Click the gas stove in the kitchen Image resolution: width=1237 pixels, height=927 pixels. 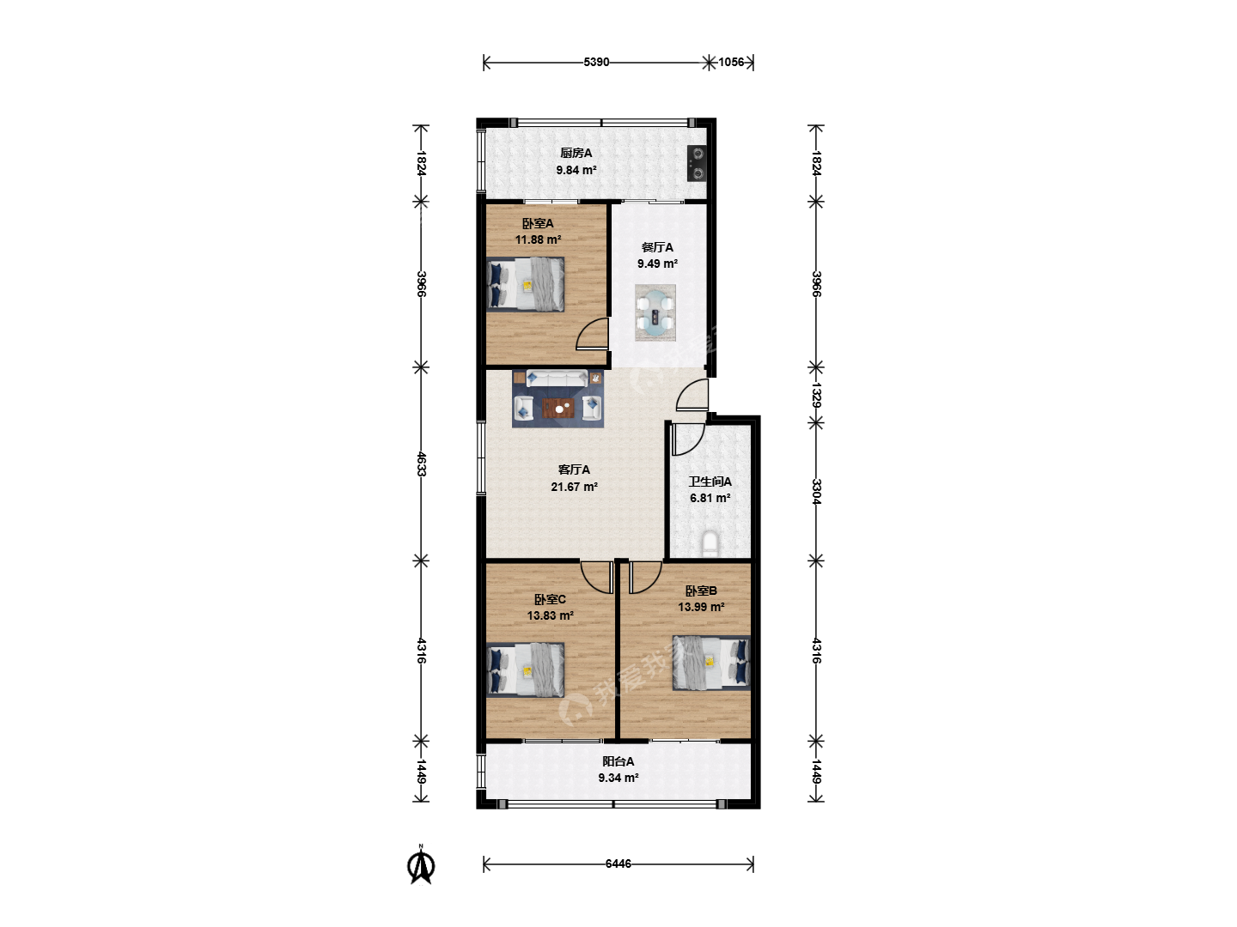[x=698, y=163]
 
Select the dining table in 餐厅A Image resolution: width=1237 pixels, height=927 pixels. [x=655, y=312]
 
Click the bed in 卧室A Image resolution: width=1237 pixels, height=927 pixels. [x=525, y=284]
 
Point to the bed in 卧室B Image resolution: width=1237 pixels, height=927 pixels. [x=711, y=663]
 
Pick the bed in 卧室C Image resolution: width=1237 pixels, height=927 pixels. [x=525, y=669]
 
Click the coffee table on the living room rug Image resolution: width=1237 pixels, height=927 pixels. [x=558, y=409]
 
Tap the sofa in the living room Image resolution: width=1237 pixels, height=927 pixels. [x=557, y=379]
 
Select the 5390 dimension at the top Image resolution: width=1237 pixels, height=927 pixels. [x=596, y=62]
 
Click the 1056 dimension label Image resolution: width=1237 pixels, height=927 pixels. [x=731, y=62]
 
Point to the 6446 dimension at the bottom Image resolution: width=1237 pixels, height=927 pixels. [x=618, y=863]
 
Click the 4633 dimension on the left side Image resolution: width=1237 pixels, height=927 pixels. [x=421, y=463]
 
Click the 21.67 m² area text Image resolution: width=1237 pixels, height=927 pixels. [x=575, y=487]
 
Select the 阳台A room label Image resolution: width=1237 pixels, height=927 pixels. [x=618, y=761]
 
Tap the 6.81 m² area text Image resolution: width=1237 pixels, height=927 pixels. [x=710, y=498]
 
